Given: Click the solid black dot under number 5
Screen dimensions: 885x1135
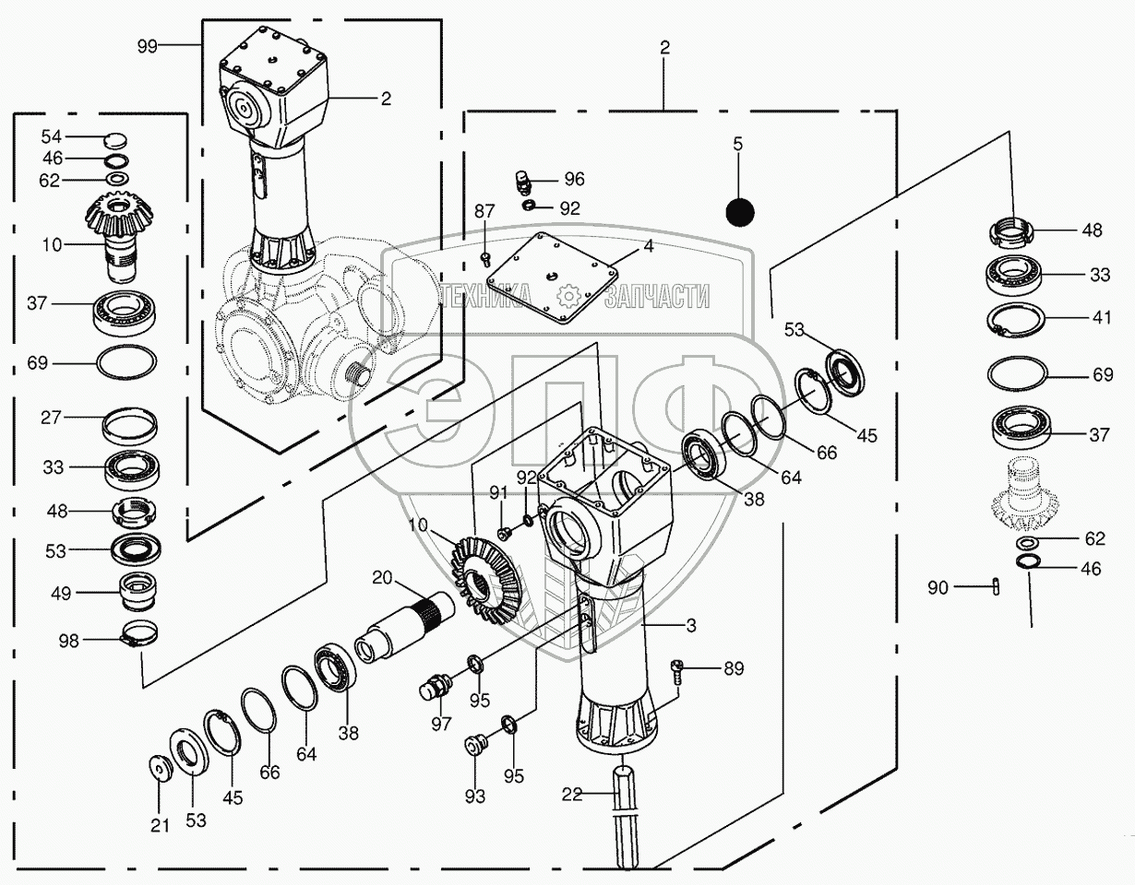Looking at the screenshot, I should pos(739,212).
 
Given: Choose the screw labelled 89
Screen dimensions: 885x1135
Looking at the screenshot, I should pos(676,668).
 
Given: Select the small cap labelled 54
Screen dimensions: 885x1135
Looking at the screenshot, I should pos(115,139).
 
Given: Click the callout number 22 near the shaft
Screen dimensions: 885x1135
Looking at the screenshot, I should pos(572,794).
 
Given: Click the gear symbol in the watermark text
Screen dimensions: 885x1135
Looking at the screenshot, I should pos(567,295).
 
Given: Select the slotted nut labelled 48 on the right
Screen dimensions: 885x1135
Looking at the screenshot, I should pos(1015,230).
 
